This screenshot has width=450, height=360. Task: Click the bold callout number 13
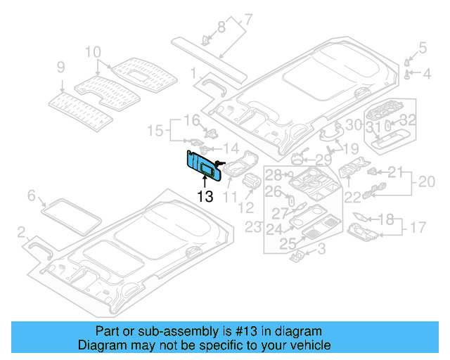coord(205,197)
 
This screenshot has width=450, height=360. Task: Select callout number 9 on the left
coord(61,67)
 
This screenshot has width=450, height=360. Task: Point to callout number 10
coord(93,52)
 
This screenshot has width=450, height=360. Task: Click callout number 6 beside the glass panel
coord(31,195)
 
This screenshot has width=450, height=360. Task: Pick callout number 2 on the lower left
coord(22,231)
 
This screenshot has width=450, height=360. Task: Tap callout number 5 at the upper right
coord(423,49)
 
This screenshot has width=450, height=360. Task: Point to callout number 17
coord(419,228)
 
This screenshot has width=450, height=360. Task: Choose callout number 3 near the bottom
coord(321,249)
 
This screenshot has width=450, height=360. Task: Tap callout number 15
coord(155,130)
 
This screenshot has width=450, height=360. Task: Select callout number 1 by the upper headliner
coord(193,72)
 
